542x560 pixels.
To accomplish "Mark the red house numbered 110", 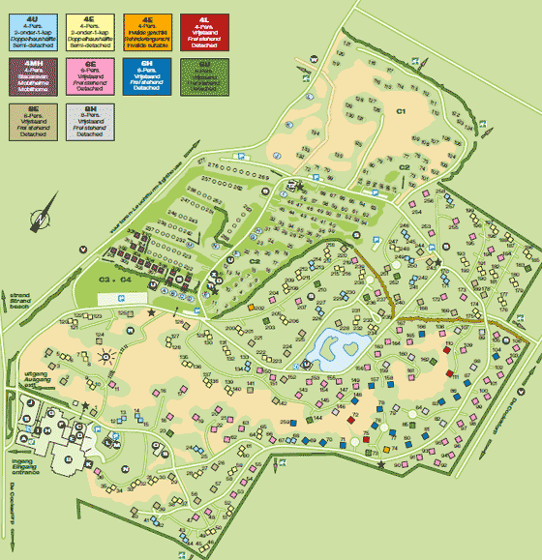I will (449, 371).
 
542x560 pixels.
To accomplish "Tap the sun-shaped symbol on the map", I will (106, 356).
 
